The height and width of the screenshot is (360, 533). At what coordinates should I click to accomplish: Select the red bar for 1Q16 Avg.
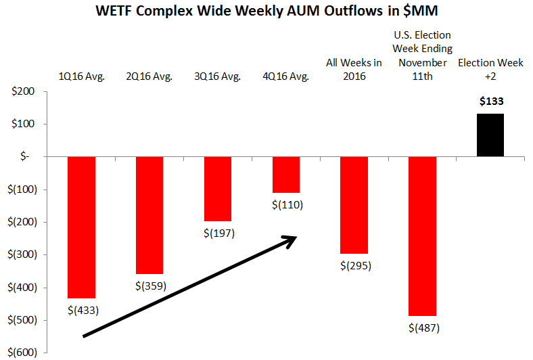tap(81, 227)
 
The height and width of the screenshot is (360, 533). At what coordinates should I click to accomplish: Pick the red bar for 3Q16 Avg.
tap(218, 189)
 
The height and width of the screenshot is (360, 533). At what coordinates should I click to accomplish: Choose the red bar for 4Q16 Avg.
tap(285, 175)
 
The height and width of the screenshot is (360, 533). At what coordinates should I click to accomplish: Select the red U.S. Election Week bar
tap(422, 235)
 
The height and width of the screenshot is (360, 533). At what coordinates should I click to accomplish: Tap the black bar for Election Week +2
tap(490, 135)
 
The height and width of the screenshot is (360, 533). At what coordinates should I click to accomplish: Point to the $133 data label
tap(490, 102)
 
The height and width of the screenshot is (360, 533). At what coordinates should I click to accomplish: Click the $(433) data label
tap(83, 311)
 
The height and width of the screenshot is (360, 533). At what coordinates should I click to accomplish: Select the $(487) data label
tap(423, 328)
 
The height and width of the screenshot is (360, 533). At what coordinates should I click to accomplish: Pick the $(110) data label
tap(287, 205)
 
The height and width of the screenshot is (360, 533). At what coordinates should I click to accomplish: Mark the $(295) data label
tap(355, 265)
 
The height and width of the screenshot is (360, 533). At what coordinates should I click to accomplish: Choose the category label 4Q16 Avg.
tap(285, 76)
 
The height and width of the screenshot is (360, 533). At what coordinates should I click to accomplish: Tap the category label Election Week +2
tap(490, 69)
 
